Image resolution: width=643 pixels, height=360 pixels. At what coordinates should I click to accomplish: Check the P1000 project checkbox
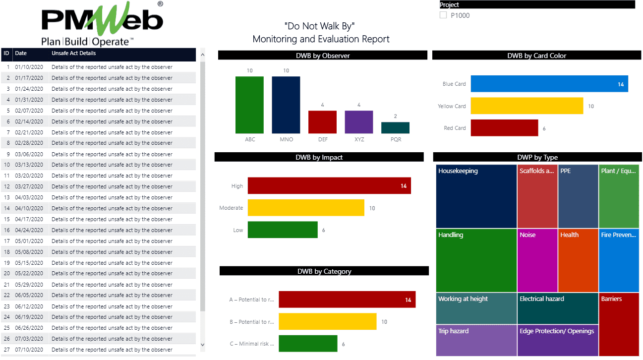(443, 15)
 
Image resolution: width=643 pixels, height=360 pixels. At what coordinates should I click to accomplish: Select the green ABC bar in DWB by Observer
(249, 105)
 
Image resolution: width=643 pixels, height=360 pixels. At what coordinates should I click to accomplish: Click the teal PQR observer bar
(395, 127)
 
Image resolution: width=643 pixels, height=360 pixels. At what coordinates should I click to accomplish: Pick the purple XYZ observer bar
(359, 122)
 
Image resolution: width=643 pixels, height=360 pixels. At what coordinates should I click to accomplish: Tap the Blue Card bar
(549, 84)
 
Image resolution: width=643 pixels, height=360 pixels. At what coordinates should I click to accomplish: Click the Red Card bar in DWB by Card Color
(504, 128)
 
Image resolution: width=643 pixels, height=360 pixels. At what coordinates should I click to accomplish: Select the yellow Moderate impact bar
(306, 208)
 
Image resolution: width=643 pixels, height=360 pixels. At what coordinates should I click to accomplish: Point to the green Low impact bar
(283, 230)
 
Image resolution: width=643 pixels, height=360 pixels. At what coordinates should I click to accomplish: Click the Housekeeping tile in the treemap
(476, 196)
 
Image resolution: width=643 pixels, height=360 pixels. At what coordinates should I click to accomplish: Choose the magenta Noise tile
(537, 260)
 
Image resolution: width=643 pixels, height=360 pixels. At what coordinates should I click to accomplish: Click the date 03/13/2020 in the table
(29, 165)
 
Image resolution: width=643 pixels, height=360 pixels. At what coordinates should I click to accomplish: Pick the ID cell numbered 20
(7, 273)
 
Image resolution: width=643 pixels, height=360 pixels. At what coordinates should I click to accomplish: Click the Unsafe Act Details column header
(74, 53)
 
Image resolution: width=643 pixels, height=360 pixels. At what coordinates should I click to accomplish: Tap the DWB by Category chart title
(324, 271)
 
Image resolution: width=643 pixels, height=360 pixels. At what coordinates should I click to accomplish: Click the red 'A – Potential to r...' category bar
(347, 300)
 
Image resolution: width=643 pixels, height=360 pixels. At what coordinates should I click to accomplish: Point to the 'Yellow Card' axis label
(452, 106)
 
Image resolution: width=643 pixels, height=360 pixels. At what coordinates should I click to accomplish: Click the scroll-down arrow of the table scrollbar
(202, 344)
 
